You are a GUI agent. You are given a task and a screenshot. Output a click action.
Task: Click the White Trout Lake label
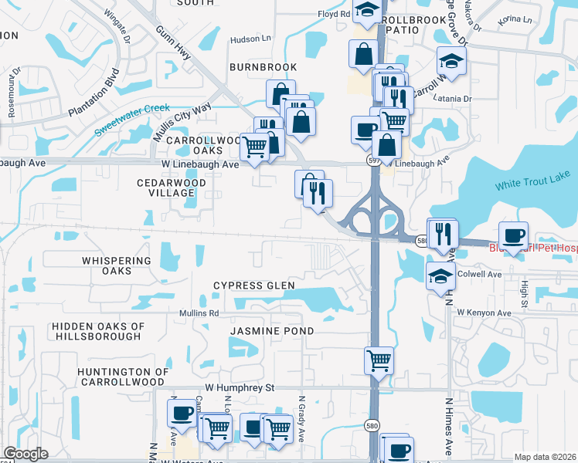(x=532, y=184)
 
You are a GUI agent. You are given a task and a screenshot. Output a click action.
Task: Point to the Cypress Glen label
(x=254, y=286)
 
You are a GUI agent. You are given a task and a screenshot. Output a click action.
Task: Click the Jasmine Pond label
(x=272, y=330)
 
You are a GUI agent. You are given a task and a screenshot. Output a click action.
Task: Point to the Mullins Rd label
(x=200, y=313)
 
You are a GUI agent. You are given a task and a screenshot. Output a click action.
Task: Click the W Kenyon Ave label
(x=484, y=313)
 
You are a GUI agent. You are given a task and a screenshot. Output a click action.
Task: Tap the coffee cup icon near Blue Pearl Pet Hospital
(x=513, y=235)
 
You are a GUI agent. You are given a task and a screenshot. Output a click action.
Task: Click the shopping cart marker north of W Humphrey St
(x=379, y=360)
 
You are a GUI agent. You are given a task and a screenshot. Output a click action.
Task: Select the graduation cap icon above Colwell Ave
(x=440, y=275)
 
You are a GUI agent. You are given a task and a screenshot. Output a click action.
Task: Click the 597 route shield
(x=372, y=159)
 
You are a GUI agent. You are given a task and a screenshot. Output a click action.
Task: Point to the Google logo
(x=25, y=454)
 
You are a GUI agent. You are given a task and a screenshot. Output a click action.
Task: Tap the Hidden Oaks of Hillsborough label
(x=98, y=331)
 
